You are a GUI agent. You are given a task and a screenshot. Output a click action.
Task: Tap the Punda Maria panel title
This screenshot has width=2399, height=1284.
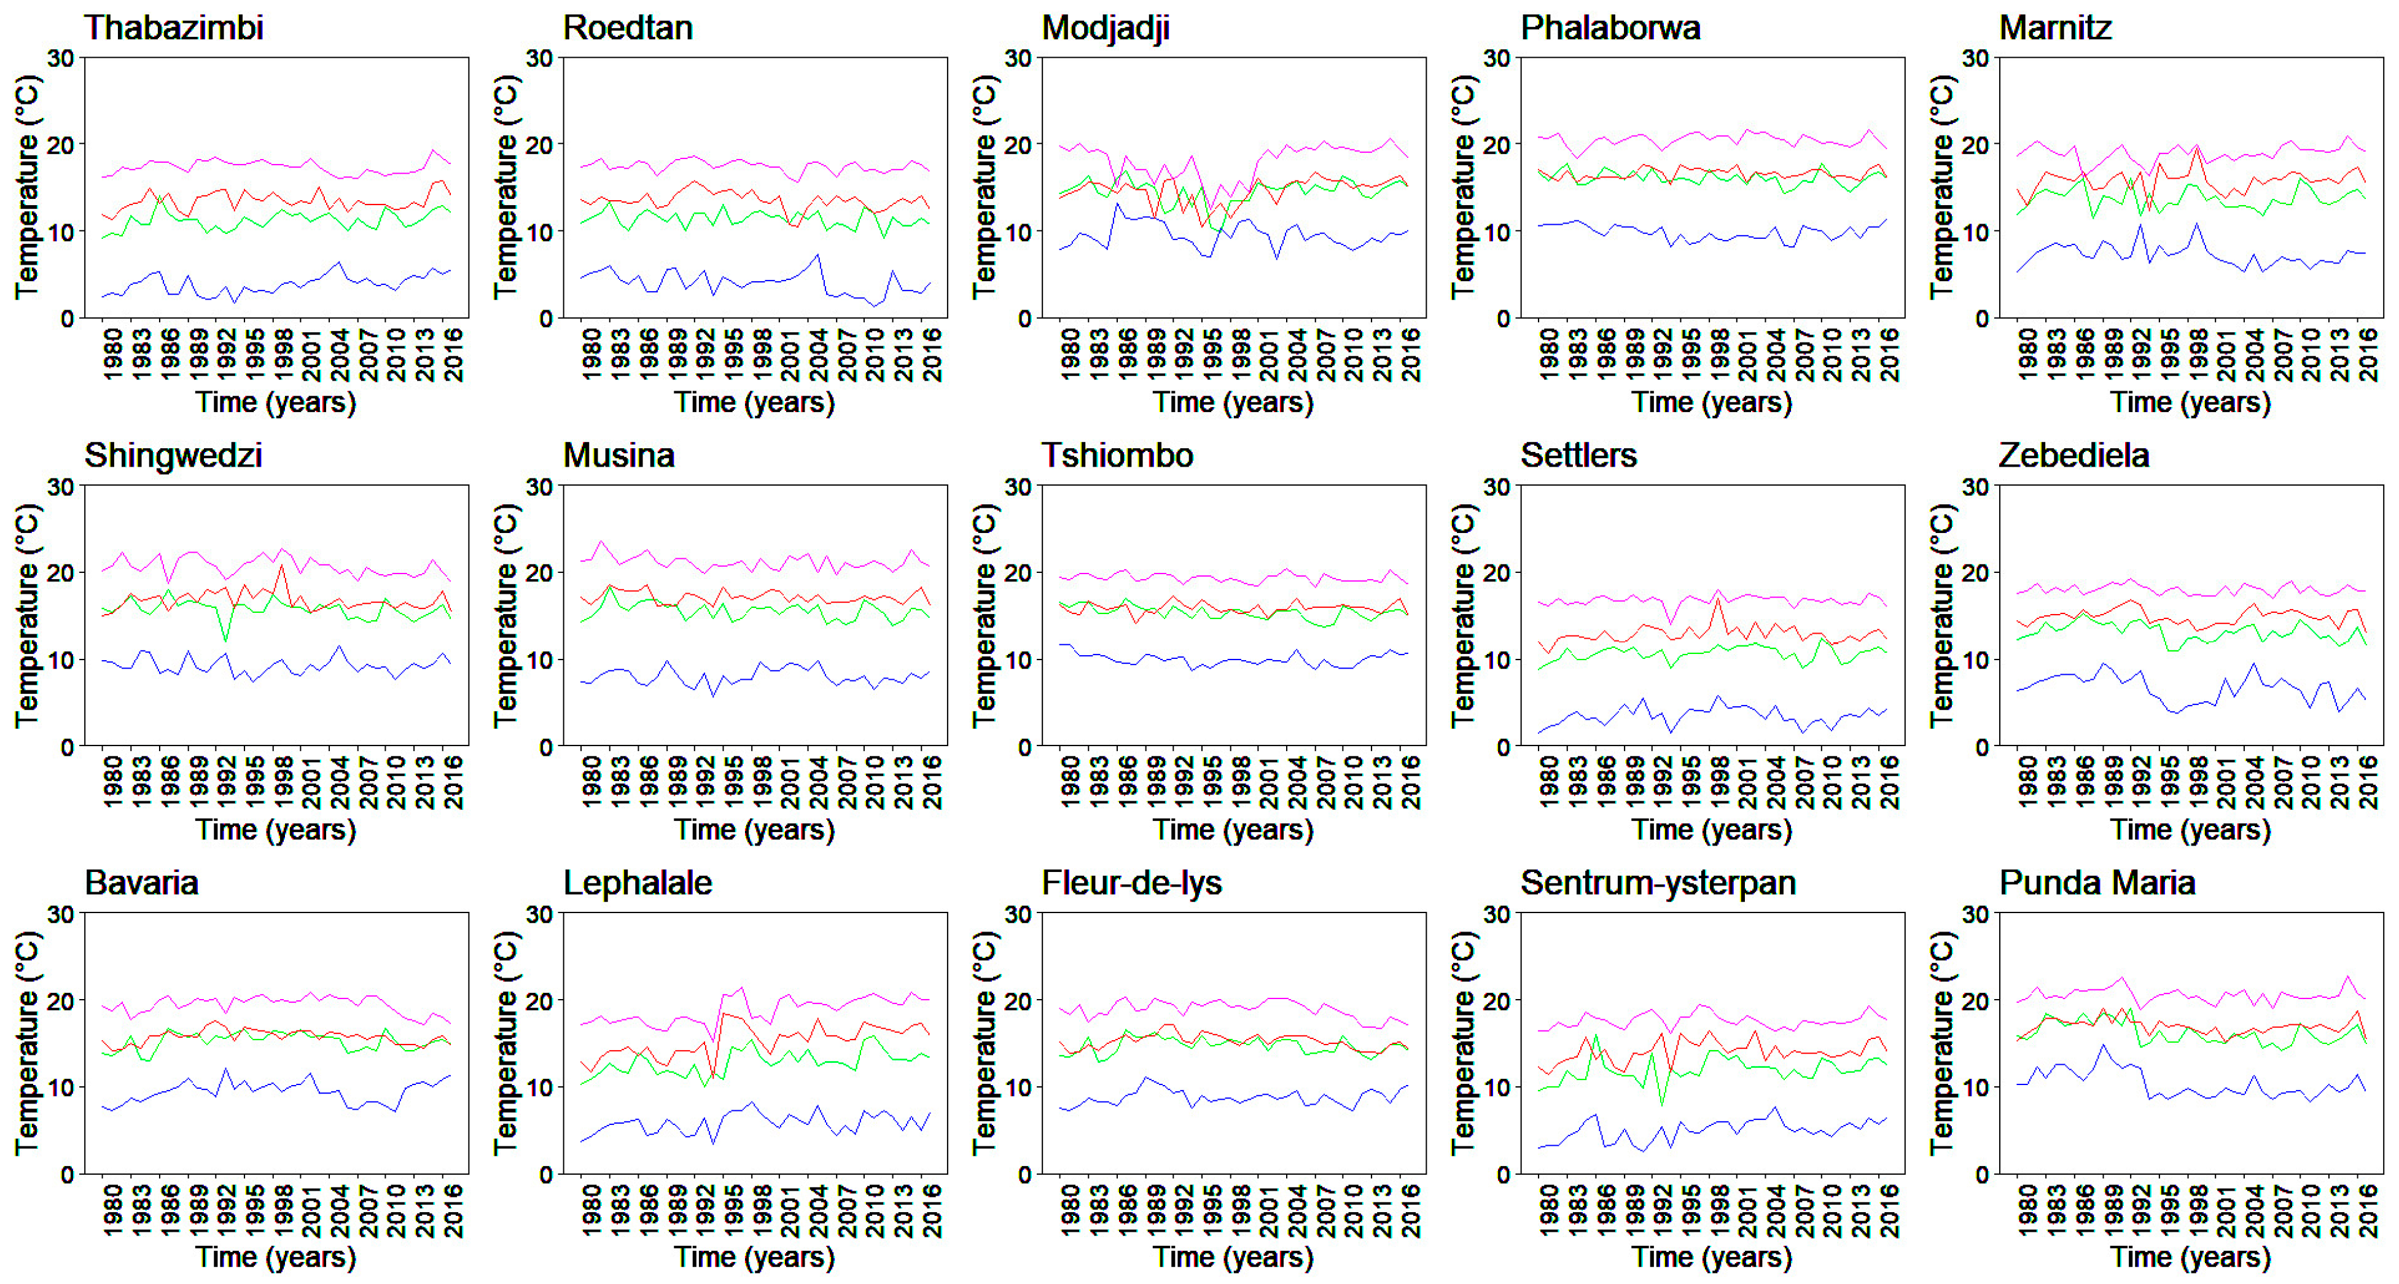point(2097,882)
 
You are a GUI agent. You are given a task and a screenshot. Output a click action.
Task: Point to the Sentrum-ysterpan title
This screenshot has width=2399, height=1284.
point(1658,882)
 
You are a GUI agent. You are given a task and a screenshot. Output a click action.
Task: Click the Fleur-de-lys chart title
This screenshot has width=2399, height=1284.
point(1131,882)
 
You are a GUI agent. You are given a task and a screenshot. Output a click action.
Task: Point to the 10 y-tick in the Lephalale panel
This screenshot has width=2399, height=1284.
point(539,1088)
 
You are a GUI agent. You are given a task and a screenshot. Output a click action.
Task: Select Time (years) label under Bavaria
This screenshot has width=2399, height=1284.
point(276,1256)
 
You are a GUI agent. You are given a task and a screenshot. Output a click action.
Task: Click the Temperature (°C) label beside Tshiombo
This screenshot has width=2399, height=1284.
point(985,615)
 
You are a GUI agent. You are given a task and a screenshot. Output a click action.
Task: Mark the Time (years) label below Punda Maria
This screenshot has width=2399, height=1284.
point(2190,1256)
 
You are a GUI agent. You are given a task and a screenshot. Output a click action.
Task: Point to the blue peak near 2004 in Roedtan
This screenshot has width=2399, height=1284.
point(817,254)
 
